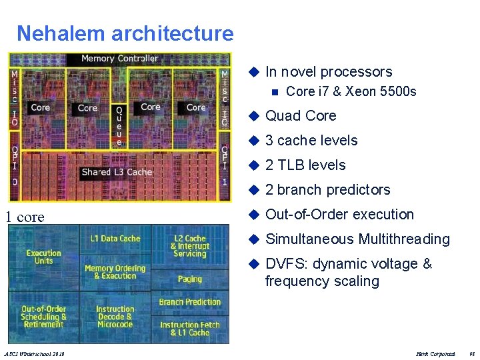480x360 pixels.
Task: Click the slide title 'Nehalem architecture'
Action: point(125,33)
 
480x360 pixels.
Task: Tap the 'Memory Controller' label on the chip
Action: point(120,59)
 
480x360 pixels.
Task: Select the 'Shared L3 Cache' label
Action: point(117,172)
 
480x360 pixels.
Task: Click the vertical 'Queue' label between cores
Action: point(119,125)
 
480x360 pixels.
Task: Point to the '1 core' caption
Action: point(25,217)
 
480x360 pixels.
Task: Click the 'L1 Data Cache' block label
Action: point(115,238)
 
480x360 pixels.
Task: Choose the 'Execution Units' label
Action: point(43,257)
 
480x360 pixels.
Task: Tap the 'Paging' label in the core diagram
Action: point(189,279)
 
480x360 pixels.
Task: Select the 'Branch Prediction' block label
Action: point(189,302)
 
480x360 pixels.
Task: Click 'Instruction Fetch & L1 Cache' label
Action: point(189,329)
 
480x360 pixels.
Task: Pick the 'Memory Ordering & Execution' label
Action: point(115,272)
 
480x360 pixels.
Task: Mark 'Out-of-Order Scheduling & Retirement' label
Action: point(43,317)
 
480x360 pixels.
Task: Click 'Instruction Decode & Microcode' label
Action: point(115,317)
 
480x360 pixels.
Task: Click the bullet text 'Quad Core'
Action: point(301,116)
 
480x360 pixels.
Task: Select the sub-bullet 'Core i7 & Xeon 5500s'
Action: point(351,91)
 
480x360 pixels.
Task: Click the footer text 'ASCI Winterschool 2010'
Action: point(34,353)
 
